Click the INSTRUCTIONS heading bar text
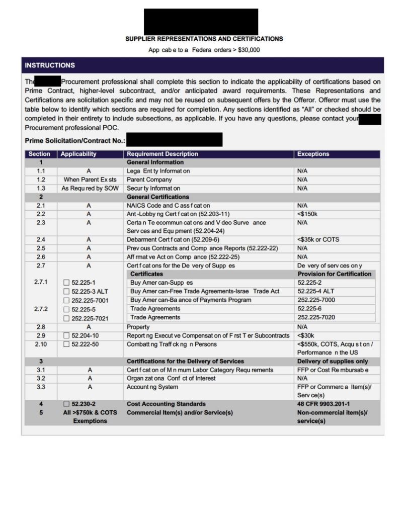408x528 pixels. pyautogui.click(x=50, y=65)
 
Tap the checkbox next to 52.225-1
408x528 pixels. pyautogui.click(x=67, y=283)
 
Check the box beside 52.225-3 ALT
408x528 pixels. pyautogui.click(x=67, y=292)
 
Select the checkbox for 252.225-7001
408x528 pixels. pyautogui.click(x=67, y=301)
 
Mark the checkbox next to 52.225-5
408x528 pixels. pyautogui.click(x=67, y=309)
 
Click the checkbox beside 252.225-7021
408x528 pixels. pyautogui.click(x=67, y=318)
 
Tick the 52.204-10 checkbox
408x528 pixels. pyautogui.click(x=67, y=335)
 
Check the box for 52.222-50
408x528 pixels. pyautogui.click(x=67, y=344)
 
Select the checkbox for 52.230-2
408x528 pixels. pyautogui.click(x=67, y=404)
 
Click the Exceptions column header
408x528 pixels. pyautogui.click(x=313, y=154)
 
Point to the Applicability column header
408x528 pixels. pyautogui.click(x=78, y=154)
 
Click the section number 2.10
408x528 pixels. pyautogui.click(x=41, y=344)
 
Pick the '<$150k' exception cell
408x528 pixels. pyautogui.click(x=307, y=214)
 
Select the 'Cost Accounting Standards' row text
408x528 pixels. pyautogui.click(x=166, y=404)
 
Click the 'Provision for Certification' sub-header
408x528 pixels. pyautogui.click(x=334, y=274)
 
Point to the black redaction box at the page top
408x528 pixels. pyautogui.click(x=201, y=22)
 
